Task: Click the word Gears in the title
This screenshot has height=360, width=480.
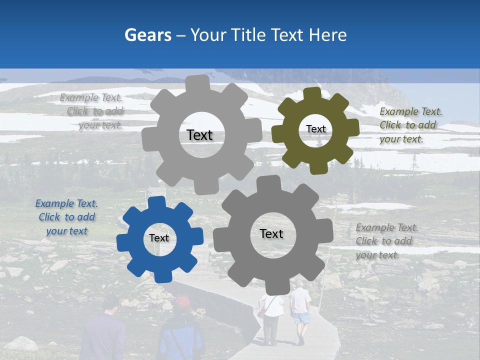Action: (148, 35)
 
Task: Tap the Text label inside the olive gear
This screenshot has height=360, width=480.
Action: (315, 129)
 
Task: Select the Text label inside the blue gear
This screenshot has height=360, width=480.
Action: (159, 238)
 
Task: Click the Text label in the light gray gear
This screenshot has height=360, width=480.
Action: (199, 135)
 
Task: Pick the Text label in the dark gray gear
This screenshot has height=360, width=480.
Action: (271, 234)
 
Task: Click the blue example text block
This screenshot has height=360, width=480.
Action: (66, 217)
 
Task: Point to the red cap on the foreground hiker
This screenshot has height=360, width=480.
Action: (183, 301)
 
